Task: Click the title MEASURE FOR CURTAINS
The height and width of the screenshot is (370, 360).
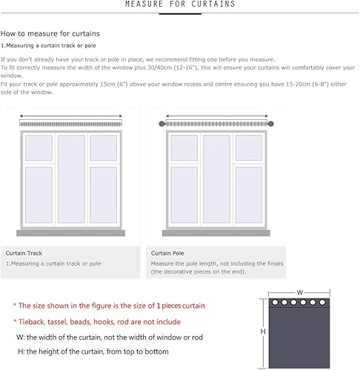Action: click(x=180, y=4)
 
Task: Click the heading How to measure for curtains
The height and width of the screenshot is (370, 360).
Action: click(x=50, y=33)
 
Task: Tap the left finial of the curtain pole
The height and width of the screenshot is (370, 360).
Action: click(x=161, y=124)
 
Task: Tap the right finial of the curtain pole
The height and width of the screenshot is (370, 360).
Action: click(x=270, y=124)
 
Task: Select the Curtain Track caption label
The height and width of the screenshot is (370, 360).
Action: click(x=24, y=253)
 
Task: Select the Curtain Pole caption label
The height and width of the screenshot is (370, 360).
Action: click(x=167, y=253)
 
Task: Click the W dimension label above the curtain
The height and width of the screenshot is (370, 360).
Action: click(x=300, y=292)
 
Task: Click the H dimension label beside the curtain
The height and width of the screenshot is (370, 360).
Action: click(x=263, y=332)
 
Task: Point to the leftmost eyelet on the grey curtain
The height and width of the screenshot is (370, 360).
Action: click(x=275, y=302)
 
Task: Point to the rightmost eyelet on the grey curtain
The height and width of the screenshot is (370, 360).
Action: click(x=322, y=302)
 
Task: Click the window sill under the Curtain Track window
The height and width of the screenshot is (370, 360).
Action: click(x=70, y=233)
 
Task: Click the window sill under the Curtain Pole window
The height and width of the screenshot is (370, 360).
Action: click(x=216, y=233)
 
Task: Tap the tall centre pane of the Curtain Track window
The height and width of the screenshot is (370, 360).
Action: click(x=71, y=179)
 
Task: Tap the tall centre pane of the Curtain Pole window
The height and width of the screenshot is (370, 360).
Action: click(x=216, y=179)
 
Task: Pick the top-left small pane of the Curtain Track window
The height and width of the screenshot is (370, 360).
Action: click(x=39, y=148)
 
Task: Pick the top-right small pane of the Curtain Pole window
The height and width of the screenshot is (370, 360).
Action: click(x=249, y=148)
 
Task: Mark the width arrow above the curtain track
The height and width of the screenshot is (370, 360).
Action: click(x=71, y=116)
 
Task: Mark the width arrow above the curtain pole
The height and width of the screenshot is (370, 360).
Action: click(x=217, y=116)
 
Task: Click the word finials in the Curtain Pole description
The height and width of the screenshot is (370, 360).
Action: click(x=275, y=263)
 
